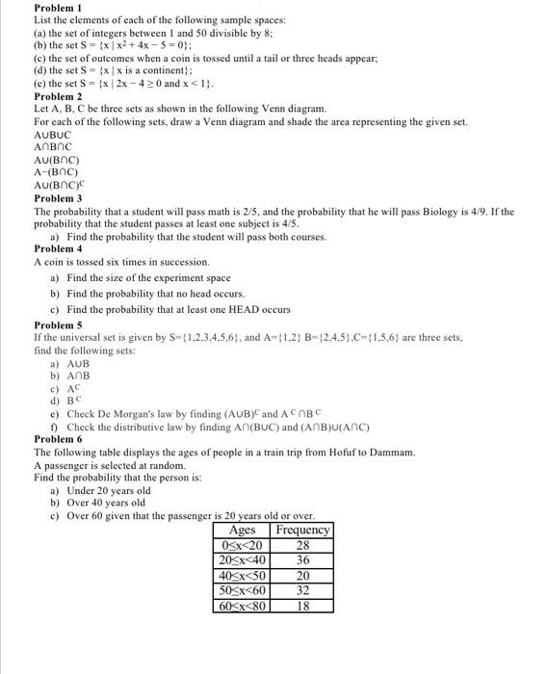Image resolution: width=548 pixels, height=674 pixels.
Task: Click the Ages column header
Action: (242, 531)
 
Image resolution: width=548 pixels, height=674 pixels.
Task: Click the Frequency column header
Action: (302, 531)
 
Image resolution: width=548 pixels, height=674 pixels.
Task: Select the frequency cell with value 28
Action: (302, 545)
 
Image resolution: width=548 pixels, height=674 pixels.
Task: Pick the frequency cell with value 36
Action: (302, 560)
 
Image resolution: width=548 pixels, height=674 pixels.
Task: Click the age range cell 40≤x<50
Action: (242, 576)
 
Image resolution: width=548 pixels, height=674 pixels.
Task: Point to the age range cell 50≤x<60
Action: (242, 591)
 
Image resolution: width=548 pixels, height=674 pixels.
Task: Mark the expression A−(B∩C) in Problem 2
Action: (56, 172)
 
